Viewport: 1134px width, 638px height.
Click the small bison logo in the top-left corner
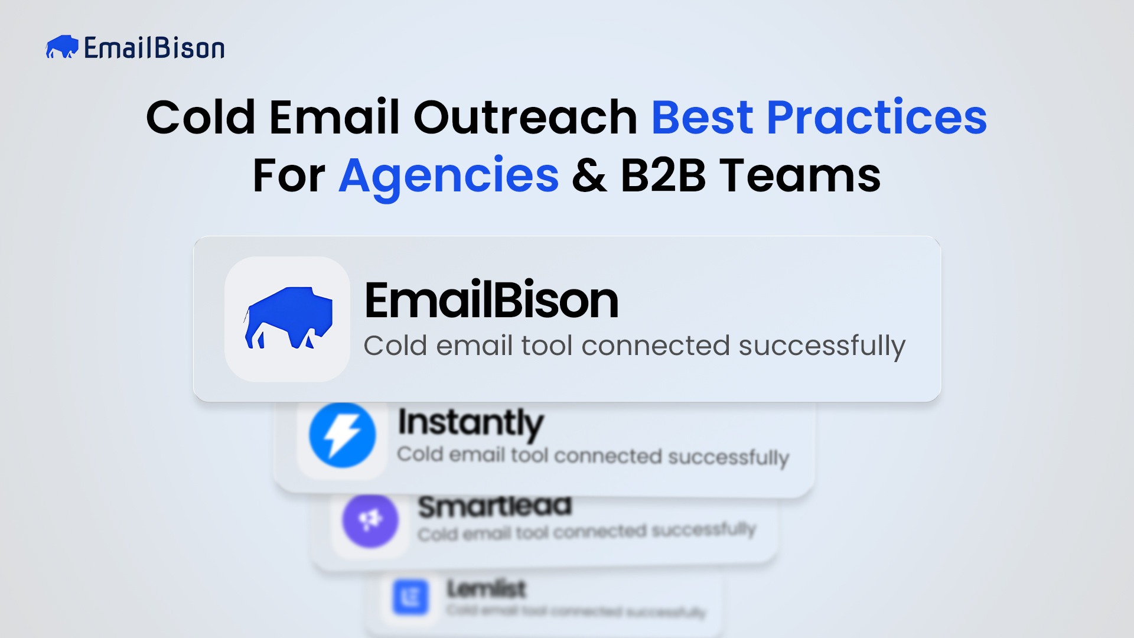click(62, 47)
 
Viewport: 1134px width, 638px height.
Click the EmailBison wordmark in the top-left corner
click(154, 48)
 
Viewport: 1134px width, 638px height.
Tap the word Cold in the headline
click(200, 117)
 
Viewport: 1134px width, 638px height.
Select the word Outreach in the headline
click(525, 117)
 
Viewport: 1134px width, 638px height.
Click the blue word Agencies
click(448, 175)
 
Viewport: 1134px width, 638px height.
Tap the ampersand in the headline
click(589, 175)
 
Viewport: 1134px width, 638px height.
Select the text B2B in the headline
click(663, 175)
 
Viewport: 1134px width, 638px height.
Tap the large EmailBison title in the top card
click(491, 300)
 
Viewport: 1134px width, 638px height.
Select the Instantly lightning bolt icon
click(343, 435)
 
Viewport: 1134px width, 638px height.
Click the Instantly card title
click(470, 422)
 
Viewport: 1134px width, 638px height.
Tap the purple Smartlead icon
click(370, 520)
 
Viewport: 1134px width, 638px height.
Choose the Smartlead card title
click(495, 506)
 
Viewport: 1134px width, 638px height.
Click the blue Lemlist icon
click(410, 597)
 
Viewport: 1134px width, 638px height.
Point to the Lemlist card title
click(486, 588)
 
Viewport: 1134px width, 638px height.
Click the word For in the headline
click(289, 175)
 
